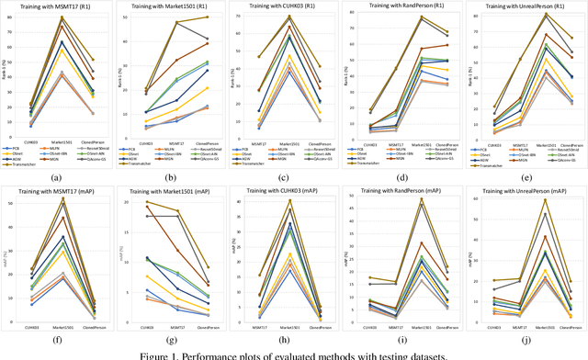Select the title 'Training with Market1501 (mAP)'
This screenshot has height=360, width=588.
coord(176,188)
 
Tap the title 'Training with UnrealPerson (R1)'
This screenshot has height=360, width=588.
coord(525,7)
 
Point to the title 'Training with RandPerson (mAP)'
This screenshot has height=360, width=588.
coord(409,188)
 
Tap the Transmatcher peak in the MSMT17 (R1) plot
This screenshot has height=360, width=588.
coord(62,17)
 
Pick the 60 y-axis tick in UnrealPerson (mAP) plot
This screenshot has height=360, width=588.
coord(475,198)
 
